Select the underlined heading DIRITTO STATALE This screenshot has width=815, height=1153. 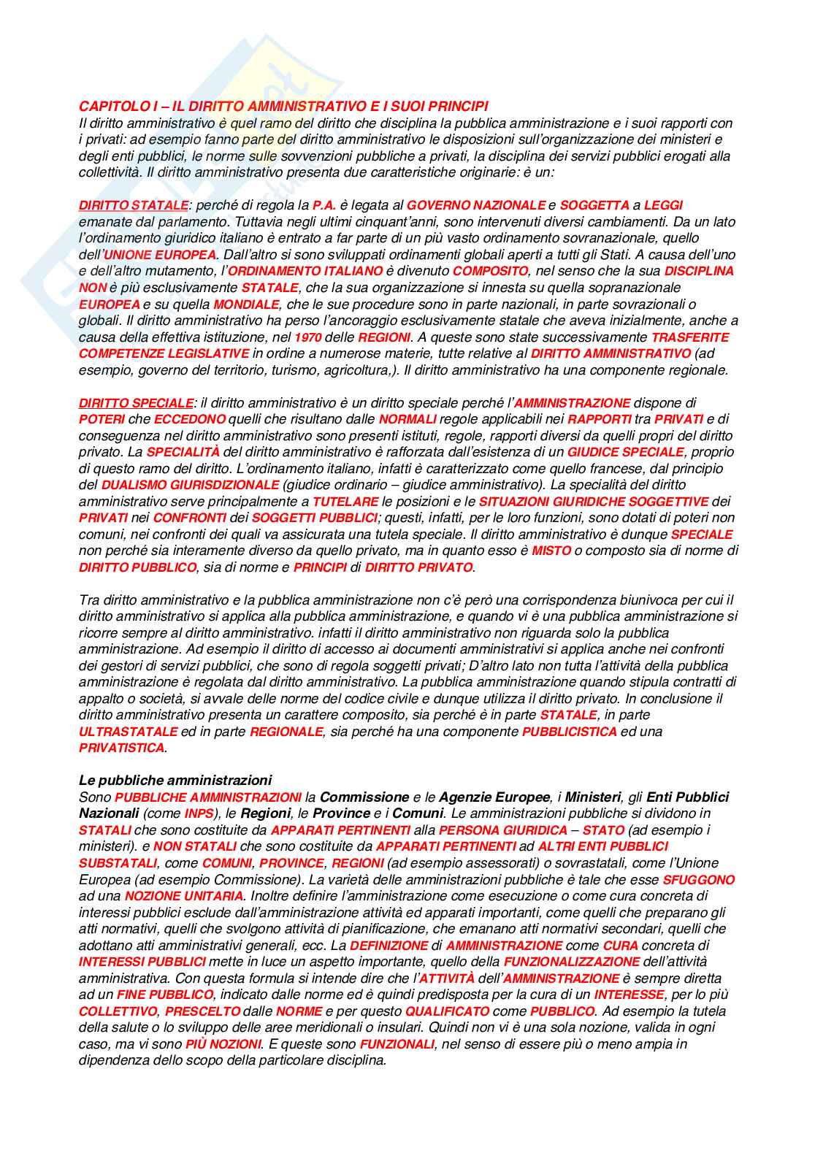pos(133,205)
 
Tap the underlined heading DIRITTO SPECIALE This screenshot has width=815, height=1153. pos(136,402)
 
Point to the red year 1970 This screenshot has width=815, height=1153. pos(307,337)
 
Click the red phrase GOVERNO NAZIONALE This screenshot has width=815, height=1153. pos(476,205)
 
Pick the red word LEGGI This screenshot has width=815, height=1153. pos(663,205)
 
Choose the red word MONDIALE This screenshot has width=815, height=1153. pos(246,304)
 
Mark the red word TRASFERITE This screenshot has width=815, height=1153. pos(689,337)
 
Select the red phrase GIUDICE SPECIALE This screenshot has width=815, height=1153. pos(626,452)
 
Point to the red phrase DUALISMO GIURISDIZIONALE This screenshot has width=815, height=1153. pos(190,485)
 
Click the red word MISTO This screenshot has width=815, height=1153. pos(551,551)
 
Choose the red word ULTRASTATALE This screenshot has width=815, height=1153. pos(128,732)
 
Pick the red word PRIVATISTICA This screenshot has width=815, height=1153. pos(122,748)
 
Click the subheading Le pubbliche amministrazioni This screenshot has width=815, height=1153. pos(175,781)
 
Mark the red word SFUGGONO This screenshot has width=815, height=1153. pos(699,880)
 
